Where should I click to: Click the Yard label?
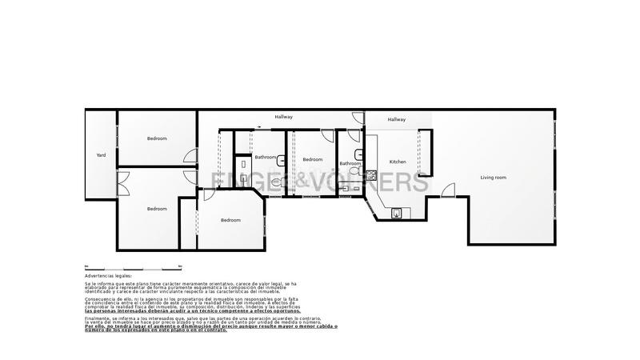click(101, 155)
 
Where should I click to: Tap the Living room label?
click(493, 177)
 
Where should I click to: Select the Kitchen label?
click(398, 162)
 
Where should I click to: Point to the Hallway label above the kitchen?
click(397, 119)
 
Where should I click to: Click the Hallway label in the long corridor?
click(284, 118)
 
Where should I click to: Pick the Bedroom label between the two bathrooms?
click(312, 159)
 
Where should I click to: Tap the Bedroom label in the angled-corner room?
click(230, 220)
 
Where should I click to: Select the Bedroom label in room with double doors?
click(157, 209)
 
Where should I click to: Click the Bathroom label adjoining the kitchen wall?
click(350, 164)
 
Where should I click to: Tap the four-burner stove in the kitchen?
click(371, 174)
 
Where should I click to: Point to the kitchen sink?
click(398, 213)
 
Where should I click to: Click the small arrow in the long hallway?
click(259, 125)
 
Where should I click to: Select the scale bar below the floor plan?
click(133, 266)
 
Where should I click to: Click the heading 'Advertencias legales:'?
click(108, 275)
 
